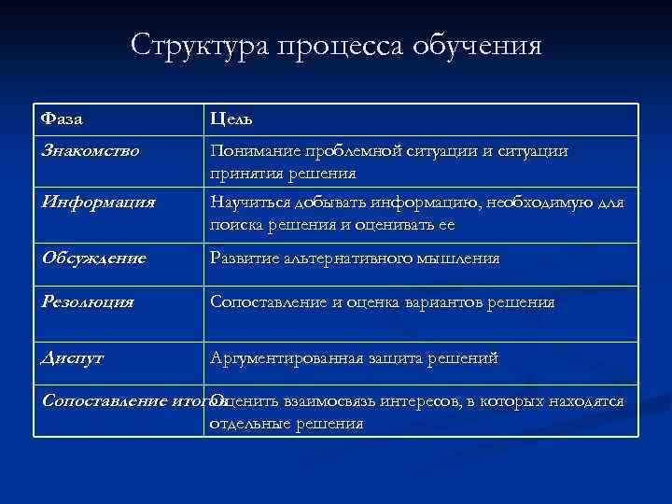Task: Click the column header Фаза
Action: [x=63, y=119]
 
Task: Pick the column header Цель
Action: [x=231, y=119]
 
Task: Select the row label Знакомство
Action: [x=91, y=150]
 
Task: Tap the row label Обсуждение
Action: [x=94, y=258]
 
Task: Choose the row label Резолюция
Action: [x=88, y=302]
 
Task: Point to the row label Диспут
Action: [x=73, y=357]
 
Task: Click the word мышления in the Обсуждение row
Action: [x=458, y=258]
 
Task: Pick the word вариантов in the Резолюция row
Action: [x=454, y=302]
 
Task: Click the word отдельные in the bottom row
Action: [x=247, y=423]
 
